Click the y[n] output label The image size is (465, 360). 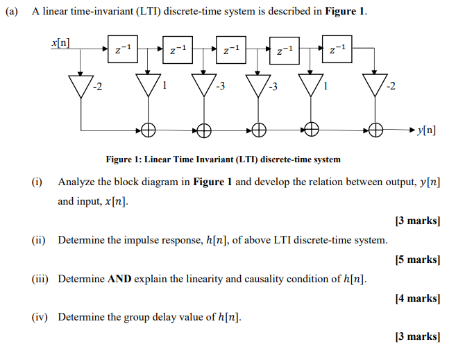tap(426, 130)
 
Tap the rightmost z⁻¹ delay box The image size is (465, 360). tap(338, 49)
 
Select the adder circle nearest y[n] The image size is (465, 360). tap(376, 130)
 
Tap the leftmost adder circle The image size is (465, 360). tap(148, 130)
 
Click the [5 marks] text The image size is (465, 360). tap(416, 259)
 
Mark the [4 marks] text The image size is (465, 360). tap(416, 298)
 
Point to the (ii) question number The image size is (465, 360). tap(38, 240)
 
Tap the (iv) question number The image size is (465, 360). tap(40, 318)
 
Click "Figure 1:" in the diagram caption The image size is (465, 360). tap(124, 160)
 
